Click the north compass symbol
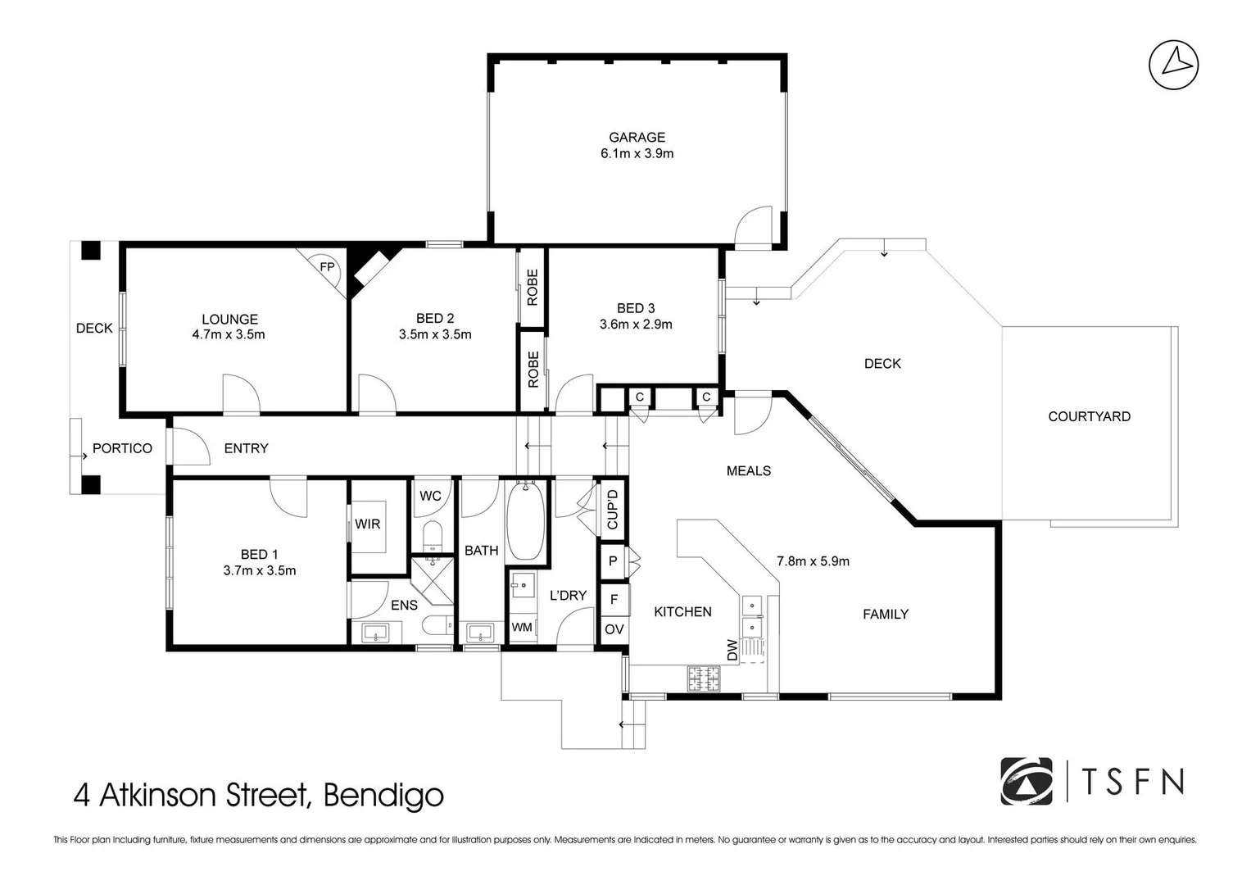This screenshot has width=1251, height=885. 1173,64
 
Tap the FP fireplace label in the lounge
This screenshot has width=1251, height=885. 327,267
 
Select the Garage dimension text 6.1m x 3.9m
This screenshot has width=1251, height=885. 637,153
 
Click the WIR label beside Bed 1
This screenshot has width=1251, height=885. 367,524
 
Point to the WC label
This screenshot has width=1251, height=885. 430,496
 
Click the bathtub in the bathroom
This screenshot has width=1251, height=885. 525,522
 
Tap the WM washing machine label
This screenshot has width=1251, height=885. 522,628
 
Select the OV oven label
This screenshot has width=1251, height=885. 614,629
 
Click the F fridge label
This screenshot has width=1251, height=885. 614,599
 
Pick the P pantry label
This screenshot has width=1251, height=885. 613,562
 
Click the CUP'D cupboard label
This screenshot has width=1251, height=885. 612,509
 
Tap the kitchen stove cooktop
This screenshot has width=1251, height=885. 704,677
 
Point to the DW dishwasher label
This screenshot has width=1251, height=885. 732,650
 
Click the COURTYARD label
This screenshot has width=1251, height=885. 1089,416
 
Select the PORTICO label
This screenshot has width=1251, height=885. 122,448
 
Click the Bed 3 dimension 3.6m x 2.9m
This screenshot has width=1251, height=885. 636,324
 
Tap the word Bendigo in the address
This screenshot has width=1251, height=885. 383,795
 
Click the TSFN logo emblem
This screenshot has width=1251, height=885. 1026,782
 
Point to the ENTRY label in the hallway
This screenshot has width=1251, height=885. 246,448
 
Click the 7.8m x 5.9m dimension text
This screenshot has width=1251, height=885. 813,561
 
